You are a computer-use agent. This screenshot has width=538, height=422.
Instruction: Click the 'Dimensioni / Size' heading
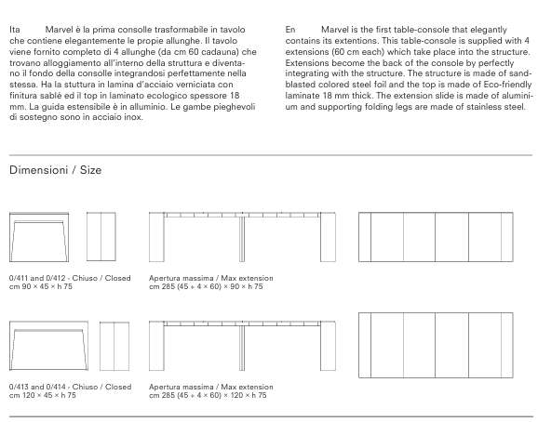(55, 170)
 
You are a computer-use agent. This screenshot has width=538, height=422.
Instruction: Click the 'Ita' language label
(14, 30)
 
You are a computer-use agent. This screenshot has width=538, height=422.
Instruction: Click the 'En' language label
(290, 30)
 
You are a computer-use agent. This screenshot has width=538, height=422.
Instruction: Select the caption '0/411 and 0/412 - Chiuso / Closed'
(70, 278)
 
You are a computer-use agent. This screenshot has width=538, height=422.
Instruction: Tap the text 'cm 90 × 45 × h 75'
(41, 286)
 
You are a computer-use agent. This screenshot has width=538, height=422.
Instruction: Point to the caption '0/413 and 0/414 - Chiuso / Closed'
(71, 387)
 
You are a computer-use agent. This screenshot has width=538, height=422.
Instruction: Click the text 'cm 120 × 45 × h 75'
(43, 395)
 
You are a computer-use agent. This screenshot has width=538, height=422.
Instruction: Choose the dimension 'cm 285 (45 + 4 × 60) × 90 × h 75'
(206, 286)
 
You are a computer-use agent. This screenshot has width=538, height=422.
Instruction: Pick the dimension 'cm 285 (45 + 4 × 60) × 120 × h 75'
(208, 395)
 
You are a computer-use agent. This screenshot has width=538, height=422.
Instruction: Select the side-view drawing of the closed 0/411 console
(101, 237)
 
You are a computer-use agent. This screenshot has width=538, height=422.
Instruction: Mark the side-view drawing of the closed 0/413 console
(114, 346)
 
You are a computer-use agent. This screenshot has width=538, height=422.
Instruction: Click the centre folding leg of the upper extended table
(242, 239)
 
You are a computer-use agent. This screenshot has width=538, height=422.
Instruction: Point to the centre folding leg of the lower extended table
(242, 348)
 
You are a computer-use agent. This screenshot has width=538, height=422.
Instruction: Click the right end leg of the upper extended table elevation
(328, 237)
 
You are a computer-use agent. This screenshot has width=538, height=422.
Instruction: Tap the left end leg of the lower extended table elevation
(156, 346)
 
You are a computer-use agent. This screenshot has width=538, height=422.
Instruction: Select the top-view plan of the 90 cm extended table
(436, 237)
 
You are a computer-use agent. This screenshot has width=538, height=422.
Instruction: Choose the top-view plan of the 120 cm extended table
(436, 345)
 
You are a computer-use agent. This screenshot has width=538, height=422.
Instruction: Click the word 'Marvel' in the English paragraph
(334, 30)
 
